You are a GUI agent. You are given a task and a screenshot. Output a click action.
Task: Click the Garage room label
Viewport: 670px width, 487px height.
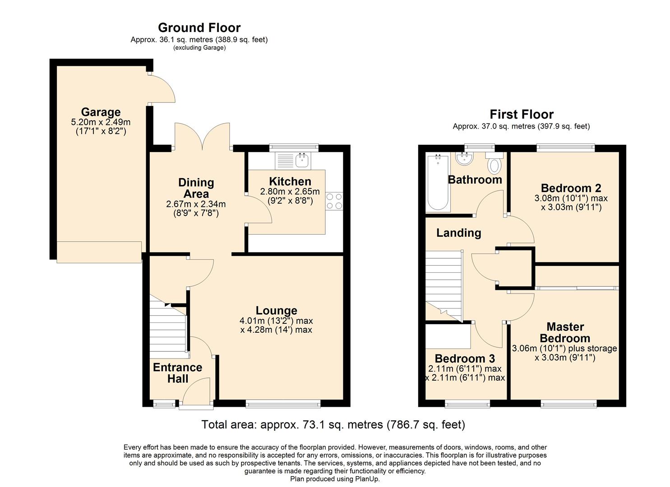[x=101, y=112]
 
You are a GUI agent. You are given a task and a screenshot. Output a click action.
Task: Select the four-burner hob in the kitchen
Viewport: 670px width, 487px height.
[x=334, y=201]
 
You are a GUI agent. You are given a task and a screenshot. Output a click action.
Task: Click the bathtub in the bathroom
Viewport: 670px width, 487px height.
[x=437, y=182]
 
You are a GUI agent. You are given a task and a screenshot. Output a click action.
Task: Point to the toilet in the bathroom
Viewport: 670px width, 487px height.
[x=494, y=165]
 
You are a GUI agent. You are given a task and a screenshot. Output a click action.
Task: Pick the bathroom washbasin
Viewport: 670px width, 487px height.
[x=464, y=159]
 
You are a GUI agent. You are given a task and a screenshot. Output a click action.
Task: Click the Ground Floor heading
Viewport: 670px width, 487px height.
[x=199, y=28]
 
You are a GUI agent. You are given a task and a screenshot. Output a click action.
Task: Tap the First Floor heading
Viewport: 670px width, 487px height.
[x=521, y=114]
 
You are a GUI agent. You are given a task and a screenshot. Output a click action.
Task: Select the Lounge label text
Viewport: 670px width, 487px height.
[x=276, y=310]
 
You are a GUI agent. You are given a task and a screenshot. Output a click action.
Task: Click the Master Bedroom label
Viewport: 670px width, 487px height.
[x=565, y=332]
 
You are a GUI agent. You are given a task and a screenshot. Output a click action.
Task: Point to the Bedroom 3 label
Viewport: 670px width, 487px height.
[x=465, y=358]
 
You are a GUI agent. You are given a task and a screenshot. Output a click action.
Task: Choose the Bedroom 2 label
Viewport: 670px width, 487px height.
[x=571, y=188]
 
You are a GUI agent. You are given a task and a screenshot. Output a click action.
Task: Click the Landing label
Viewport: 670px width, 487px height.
[x=458, y=233]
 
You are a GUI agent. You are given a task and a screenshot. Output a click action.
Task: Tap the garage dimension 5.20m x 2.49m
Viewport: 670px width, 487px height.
[x=101, y=122]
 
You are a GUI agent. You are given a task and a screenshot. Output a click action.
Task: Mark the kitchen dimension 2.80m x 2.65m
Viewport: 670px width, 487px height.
[x=290, y=192]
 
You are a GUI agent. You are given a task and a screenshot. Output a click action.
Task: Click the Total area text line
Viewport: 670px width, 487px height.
[x=333, y=424]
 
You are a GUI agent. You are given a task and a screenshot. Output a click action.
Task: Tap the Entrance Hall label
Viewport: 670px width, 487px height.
[x=177, y=373]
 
